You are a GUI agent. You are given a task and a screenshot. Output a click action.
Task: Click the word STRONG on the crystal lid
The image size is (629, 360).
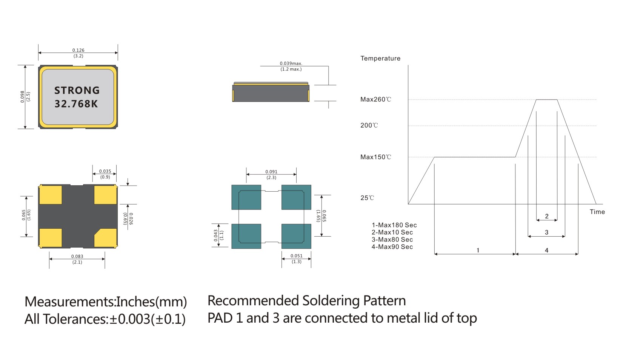coord(77,91)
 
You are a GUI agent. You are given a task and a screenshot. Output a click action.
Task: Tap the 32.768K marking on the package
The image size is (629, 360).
coord(76,104)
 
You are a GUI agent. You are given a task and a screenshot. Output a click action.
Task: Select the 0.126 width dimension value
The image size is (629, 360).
coord(78,50)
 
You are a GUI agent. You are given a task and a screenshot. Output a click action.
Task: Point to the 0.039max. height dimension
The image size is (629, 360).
coord(291,63)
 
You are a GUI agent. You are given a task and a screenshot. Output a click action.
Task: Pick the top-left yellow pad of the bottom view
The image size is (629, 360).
coord(51,195)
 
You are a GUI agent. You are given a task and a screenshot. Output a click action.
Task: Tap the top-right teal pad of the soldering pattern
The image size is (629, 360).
coord(296,197)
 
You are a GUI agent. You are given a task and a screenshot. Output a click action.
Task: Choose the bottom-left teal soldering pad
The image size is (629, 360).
coord(246,236)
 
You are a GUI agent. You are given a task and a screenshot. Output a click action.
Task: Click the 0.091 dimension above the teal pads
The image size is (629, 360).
coord(271,172)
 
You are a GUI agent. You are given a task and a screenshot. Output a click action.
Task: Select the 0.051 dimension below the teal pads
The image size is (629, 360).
coord(297,256)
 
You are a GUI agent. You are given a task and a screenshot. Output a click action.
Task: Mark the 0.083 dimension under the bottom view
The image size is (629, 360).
coord(77,256)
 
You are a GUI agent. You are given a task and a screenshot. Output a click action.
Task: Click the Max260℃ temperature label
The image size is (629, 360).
coord(376,100)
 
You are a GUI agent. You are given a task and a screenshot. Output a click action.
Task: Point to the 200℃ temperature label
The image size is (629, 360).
coord(369,125)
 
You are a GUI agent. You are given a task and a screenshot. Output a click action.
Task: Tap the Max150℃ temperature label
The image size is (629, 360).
coord(376,157)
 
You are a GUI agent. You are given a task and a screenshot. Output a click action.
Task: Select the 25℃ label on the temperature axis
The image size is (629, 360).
coord(367,198)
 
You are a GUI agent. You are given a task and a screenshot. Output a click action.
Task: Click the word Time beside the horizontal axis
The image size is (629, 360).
coord(597,212)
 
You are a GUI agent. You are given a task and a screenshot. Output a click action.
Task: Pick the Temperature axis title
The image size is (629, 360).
coord(380,58)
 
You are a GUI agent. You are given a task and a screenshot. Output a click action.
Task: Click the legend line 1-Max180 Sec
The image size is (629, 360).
coord(394,225)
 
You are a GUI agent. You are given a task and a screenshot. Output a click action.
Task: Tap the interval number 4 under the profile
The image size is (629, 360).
coord(546,250)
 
